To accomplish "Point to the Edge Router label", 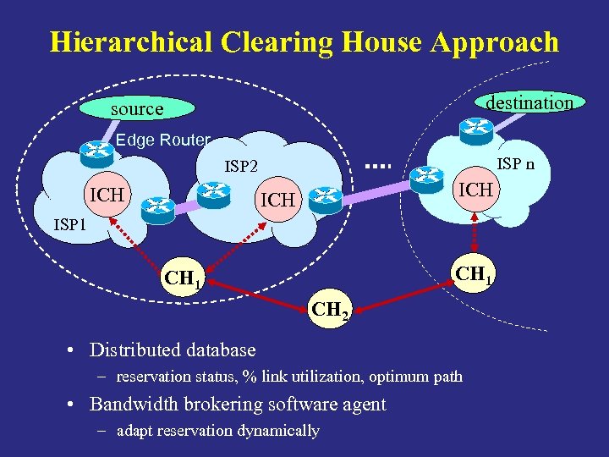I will pos(162,140).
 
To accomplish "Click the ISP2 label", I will pos(241,167).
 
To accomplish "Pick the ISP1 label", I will pos(70,225).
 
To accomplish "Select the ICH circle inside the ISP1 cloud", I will pos(107,196).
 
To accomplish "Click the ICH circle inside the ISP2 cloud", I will pos(278,201).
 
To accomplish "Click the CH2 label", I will pos(330,310).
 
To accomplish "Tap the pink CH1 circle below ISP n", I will pos(475,274).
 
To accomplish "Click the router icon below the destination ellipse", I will pos(474,128).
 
